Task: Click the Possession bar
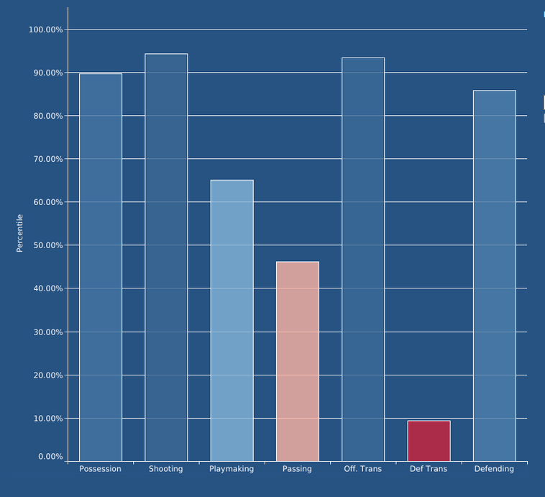[x=101, y=267]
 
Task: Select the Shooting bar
[x=166, y=257]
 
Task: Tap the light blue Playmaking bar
[x=232, y=320]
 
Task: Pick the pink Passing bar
[x=298, y=361]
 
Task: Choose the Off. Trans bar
[x=363, y=259]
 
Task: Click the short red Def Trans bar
[x=429, y=441]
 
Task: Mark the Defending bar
[x=495, y=275]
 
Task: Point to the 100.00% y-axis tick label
[x=45, y=29]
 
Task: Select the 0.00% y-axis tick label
[x=50, y=457]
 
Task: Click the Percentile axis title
[x=20, y=233]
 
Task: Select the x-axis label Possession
[x=101, y=469]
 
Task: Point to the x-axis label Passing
[x=298, y=469]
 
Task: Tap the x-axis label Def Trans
[x=429, y=469]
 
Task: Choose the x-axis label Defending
[x=495, y=469]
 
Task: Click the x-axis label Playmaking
[x=232, y=469]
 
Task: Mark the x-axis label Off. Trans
[x=363, y=469]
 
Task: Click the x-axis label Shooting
[x=166, y=469]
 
